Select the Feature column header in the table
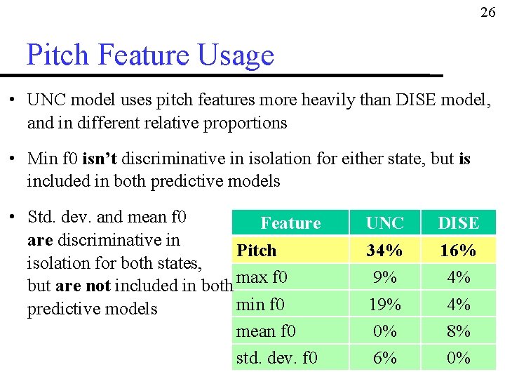(290, 223)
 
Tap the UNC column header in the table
(385, 223)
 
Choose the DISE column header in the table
(458, 223)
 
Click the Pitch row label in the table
(257, 251)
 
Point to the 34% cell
(385, 251)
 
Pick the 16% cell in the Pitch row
(458, 251)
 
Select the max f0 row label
(262, 277)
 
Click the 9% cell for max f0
(385, 277)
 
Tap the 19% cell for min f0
(385, 305)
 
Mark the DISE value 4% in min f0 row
(458, 305)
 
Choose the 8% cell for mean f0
(458, 331)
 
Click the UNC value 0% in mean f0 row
(385, 331)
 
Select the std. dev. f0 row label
(276, 358)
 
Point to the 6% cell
(385, 358)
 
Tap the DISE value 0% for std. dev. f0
(458, 358)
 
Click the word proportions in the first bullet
(245, 123)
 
